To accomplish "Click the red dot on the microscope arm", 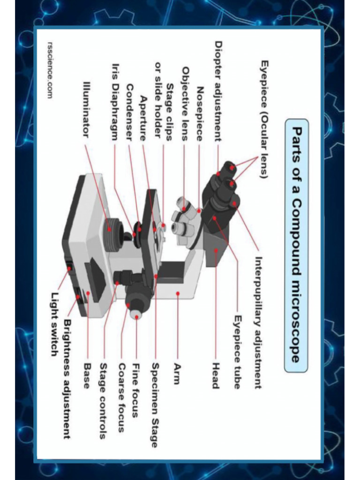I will (x=178, y=293).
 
